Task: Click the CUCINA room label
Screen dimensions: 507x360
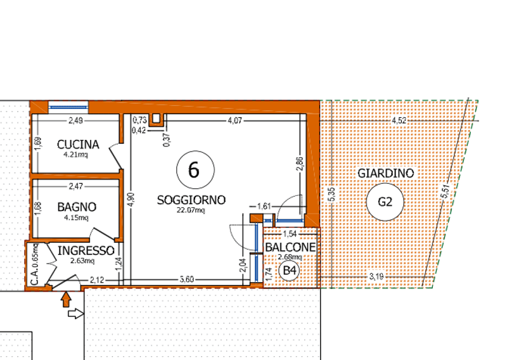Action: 78,145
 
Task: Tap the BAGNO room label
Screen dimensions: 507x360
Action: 77,207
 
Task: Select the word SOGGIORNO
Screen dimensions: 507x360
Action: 191,200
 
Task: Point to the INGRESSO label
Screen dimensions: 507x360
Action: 86,251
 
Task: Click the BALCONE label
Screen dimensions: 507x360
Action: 290,247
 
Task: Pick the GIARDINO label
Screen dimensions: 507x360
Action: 385,174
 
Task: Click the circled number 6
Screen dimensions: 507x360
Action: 195,169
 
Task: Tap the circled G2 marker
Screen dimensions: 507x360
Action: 385,202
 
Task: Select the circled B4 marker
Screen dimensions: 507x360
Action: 290,271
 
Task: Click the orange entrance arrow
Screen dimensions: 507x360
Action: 66,299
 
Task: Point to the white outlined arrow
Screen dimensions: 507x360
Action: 76,314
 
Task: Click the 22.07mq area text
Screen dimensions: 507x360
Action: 191,210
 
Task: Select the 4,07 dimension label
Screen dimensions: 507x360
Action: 234,120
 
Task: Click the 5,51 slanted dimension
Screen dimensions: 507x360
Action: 445,192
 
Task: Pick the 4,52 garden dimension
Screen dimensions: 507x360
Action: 399,120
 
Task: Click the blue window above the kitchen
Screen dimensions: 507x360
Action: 68,107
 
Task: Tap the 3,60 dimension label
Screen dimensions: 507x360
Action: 186,279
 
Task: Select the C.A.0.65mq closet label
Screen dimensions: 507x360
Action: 35,264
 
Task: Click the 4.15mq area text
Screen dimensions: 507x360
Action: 76,217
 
